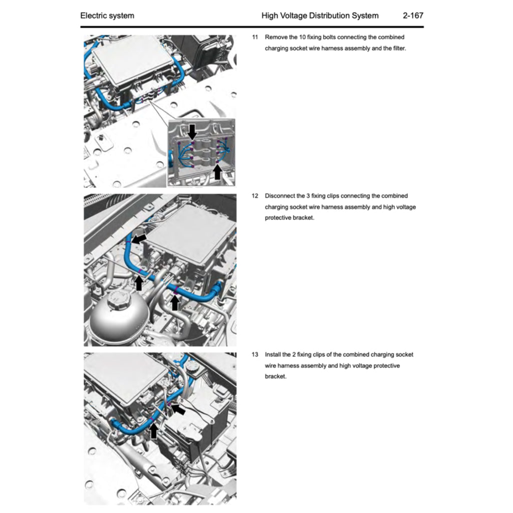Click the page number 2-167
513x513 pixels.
point(413,16)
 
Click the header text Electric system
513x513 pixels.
point(107,16)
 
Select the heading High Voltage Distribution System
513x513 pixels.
point(320,16)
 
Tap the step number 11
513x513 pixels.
point(254,37)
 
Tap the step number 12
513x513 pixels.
point(254,196)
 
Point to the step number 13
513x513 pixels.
point(254,355)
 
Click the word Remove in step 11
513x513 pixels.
point(276,37)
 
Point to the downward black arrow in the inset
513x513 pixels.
point(192,131)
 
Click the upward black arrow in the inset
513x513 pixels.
point(217,172)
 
